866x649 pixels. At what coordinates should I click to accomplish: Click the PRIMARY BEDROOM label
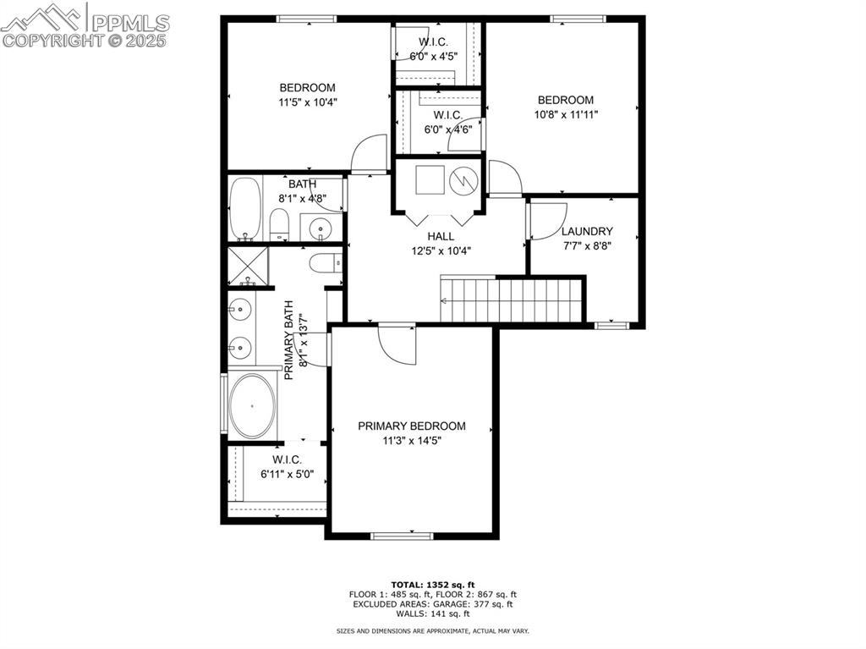[x=412, y=426]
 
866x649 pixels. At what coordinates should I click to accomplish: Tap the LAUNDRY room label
[x=587, y=231]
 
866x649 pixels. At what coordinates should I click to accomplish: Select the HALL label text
[x=441, y=236]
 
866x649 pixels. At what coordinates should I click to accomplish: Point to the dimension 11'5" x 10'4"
[x=308, y=102]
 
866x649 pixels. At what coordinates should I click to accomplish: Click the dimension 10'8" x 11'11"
[x=566, y=114]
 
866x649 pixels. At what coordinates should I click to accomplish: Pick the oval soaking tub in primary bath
[x=252, y=406]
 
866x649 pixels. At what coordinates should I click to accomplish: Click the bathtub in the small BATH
[x=245, y=209]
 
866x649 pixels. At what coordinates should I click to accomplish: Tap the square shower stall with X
[x=248, y=266]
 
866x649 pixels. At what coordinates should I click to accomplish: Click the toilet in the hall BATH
[x=280, y=224]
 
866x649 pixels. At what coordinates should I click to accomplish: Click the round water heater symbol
[x=463, y=180]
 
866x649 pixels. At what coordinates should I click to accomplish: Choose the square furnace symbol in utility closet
[x=430, y=179]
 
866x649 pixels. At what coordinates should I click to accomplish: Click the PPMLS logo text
[x=130, y=23]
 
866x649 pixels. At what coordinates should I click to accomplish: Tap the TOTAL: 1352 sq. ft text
[x=433, y=585]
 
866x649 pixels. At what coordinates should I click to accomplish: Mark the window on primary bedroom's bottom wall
[x=402, y=535]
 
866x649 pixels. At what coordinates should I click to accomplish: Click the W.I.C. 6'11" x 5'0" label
[x=287, y=466]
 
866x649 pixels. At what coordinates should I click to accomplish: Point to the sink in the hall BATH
[x=320, y=227]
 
